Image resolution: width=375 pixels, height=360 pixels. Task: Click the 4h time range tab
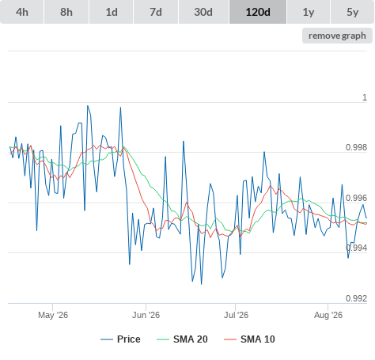[22, 12]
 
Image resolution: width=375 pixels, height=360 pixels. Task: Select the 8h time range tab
[66, 12]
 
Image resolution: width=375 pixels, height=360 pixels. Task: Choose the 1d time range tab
[112, 12]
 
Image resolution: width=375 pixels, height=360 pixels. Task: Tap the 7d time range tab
[156, 12]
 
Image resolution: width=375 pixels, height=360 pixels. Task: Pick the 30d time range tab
[203, 12]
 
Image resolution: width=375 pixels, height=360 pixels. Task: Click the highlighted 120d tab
[258, 12]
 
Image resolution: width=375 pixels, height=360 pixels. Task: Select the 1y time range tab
[309, 12]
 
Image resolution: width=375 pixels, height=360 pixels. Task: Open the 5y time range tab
[353, 12]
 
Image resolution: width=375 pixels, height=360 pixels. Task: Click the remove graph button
[337, 36]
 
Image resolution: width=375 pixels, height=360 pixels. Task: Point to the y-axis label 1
[365, 97]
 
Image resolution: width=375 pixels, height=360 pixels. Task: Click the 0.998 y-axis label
[356, 148]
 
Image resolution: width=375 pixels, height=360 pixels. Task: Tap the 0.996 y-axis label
[356, 198]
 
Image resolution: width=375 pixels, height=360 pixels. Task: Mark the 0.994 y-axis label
[356, 248]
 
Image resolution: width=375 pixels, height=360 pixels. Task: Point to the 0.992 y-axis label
[356, 298]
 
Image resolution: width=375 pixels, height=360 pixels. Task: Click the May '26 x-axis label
[53, 315]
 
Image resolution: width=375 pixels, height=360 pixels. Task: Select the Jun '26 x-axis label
[146, 315]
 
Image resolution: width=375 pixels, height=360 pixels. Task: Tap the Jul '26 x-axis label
[236, 315]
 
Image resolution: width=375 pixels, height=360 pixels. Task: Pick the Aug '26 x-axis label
[328, 315]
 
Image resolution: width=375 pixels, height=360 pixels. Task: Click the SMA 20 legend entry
[182, 339]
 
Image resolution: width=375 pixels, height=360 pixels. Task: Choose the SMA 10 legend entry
[249, 339]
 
